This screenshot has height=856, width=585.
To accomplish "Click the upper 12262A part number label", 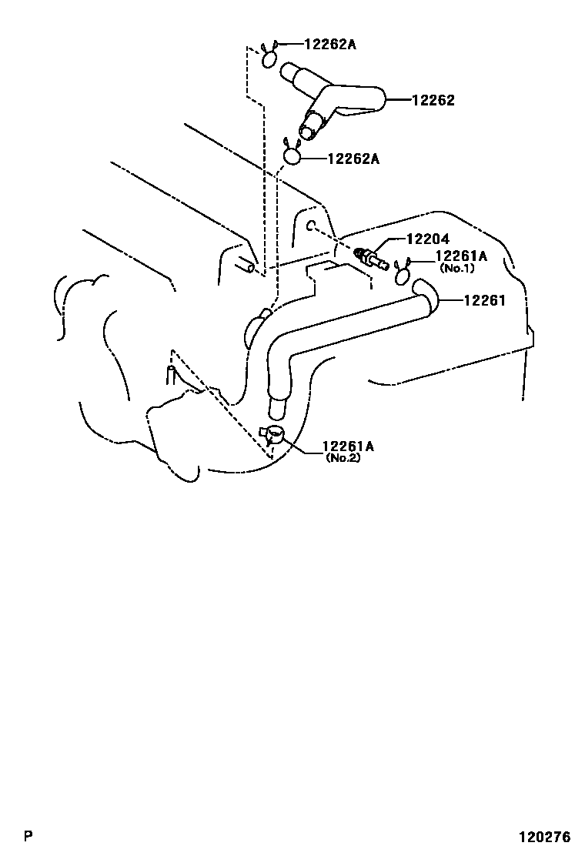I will [330, 45].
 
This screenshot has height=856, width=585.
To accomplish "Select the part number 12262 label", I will [433, 100].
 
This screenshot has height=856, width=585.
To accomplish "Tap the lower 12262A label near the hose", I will [353, 159].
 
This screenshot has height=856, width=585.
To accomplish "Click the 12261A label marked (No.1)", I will [462, 256].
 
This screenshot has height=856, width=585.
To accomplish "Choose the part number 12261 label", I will [484, 300].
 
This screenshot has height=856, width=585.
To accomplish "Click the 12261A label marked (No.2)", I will [348, 446].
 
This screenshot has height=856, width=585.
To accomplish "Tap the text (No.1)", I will [457, 269].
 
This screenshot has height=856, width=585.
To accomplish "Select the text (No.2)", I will [343, 457].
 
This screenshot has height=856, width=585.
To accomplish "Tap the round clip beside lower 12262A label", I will [292, 155].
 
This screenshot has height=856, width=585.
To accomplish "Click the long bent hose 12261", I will [346, 331].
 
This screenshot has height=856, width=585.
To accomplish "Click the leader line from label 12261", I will [450, 300].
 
